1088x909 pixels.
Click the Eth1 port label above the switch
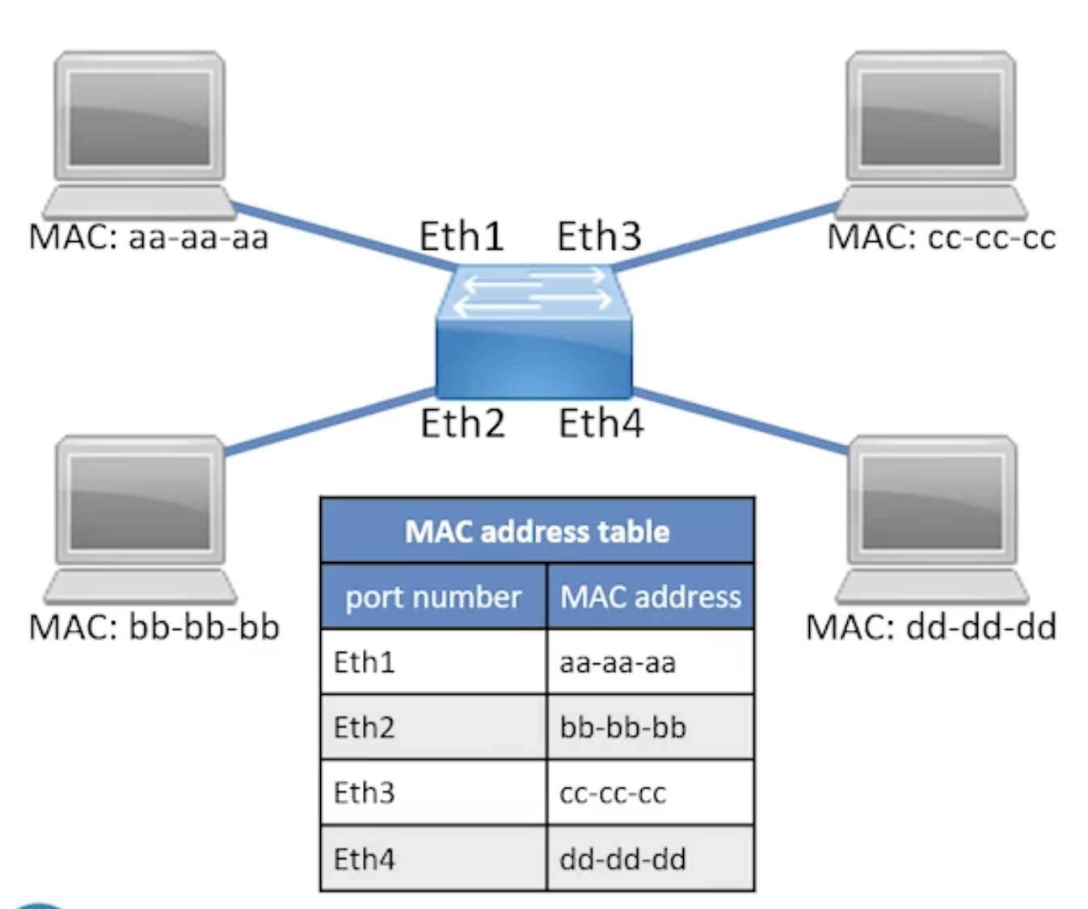point(462,236)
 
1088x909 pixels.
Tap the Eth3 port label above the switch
point(599,236)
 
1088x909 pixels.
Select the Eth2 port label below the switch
point(462,423)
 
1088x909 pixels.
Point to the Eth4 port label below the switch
point(601,423)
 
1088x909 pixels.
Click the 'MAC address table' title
point(537,531)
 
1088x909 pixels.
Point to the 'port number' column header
point(433,597)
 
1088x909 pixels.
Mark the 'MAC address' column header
point(651,597)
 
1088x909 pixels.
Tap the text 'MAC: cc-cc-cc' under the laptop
point(942,238)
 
